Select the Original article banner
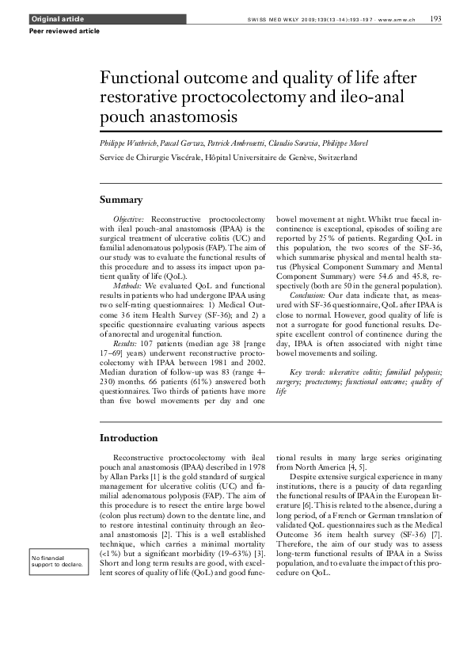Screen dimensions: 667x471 [57, 18]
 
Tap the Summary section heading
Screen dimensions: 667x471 [121, 199]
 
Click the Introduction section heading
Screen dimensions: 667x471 [128, 437]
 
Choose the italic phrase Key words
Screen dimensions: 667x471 [306, 372]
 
